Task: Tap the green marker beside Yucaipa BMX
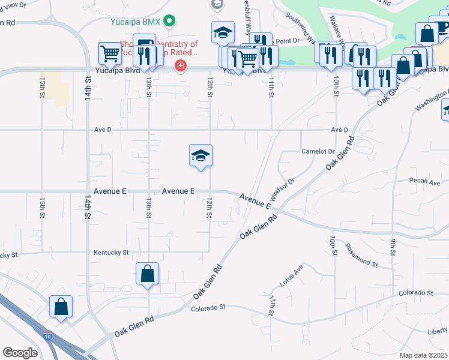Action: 170,22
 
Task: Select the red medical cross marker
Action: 179,65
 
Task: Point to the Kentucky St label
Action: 111,253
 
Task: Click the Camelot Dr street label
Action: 318,151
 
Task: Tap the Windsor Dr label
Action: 282,190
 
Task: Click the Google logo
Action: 20,353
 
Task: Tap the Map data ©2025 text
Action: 423,355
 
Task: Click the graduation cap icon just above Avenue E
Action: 200,156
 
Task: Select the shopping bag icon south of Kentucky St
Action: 147,274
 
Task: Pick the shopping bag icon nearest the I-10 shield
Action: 61,307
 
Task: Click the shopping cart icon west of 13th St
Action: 110,53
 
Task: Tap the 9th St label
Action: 393,247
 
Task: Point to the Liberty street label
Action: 438,331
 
